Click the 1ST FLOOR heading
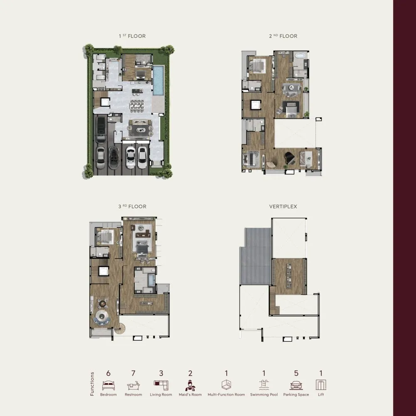click(132, 36)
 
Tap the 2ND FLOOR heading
click(283, 36)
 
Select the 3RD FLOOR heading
click(132, 206)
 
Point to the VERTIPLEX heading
click(283, 206)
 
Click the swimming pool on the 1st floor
click(158, 81)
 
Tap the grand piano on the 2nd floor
click(289, 158)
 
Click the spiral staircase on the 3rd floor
click(120, 329)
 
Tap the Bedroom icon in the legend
click(109, 386)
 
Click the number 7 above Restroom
click(134, 373)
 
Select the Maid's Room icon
click(190, 386)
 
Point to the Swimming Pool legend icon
click(264, 385)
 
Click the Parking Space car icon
click(296, 386)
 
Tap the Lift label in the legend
click(321, 394)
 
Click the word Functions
click(92, 384)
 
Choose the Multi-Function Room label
click(226, 394)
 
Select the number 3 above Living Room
click(161, 373)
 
